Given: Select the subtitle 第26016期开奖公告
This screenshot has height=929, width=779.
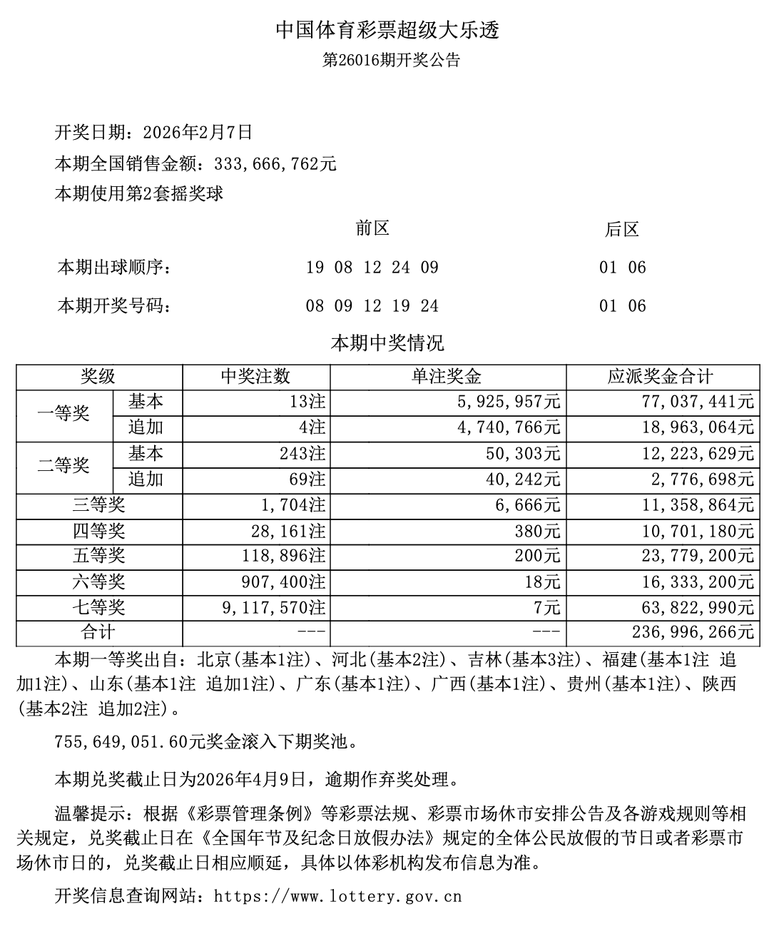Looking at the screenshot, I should pyautogui.click(x=391, y=60).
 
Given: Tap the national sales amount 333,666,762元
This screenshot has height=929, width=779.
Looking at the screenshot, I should pyautogui.click(x=275, y=163).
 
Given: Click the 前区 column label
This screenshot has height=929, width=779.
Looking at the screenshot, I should pyautogui.click(x=372, y=228).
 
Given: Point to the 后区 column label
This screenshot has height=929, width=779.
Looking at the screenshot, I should pyautogui.click(x=621, y=229).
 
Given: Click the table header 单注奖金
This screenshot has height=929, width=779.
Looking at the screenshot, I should pyautogui.click(x=447, y=376).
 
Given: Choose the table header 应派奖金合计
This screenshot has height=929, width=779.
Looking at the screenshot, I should pyautogui.click(x=661, y=376).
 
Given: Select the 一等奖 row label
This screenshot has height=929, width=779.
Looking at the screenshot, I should pyautogui.click(x=64, y=414).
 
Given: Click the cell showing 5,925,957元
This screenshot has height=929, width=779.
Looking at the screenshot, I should pyautogui.click(x=499, y=402).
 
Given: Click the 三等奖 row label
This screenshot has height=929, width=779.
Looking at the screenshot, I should pyautogui.click(x=98, y=505).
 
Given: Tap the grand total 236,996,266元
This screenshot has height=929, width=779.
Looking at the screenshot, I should pyautogui.click(x=693, y=632).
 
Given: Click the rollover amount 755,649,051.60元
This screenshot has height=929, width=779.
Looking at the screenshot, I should pyautogui.click(x=120, y=742).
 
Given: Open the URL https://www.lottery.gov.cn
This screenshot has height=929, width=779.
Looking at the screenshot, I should pyautogui.click(x=337, y=895).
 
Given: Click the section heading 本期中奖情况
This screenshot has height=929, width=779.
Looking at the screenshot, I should pyautogui.click(x=387, y=343).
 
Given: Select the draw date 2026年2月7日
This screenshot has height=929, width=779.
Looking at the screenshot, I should pyautogui.click(x=198, y=132).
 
